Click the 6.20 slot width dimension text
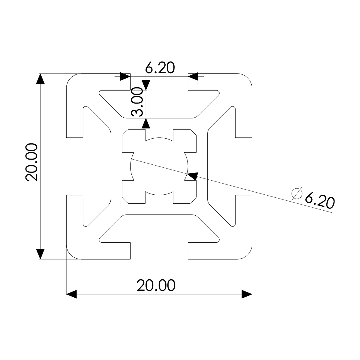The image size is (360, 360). (160, 68)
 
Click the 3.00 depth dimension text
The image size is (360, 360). (137, 102)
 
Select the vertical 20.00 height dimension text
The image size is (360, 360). (31, 162)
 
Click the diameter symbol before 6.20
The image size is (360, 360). (297, 193)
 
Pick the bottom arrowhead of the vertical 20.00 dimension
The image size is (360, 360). (40, 253)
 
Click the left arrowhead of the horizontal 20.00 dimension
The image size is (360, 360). (71, 294)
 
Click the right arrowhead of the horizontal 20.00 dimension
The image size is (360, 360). (246, 294)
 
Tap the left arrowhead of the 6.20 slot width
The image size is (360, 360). (125, 76)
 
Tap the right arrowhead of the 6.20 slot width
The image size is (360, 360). (193, 76)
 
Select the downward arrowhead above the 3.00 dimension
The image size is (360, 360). (146, 84)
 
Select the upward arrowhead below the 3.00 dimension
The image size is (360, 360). (146, 123)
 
